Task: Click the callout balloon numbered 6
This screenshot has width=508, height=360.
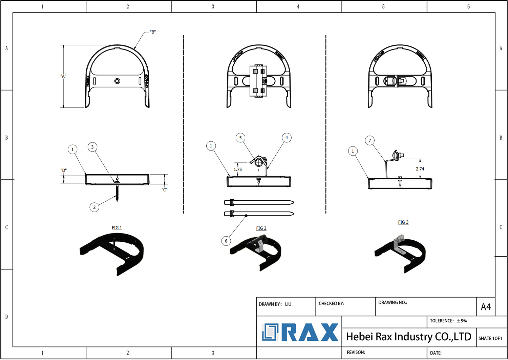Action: tap(226, 241)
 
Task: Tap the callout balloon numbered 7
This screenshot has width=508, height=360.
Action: tap(370, 140)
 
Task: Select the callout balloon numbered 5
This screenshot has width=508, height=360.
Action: tap(240, 138)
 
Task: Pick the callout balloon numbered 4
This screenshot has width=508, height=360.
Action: tap(287, 138)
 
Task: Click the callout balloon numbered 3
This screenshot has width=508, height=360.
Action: tap(92, 147)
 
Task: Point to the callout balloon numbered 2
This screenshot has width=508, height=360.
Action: tap(94, 207)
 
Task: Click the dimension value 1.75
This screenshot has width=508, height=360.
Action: tap(238, 169)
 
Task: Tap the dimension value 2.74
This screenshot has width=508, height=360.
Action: tap(420, 169)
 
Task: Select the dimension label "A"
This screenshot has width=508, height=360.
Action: tap(63, 76)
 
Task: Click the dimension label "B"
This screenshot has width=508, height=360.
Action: tap(153, 32)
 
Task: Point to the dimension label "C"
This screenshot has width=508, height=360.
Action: tap(165, 190)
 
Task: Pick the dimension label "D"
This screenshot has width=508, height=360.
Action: tap(64, 170)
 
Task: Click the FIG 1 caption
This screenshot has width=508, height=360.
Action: tap(117, 228)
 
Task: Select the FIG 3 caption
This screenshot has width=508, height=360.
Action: tap(403, 222)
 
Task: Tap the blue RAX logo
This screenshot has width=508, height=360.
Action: tap(300, 332)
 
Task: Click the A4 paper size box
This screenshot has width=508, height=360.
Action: tap(486, 307)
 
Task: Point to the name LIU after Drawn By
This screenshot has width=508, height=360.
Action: tap(288, 304)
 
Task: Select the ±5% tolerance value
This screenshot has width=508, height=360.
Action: tap(462, 321)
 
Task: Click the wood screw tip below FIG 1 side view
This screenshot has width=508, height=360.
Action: tap(117, 200)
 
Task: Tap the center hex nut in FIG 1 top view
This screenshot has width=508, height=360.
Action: tap(117, 81)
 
